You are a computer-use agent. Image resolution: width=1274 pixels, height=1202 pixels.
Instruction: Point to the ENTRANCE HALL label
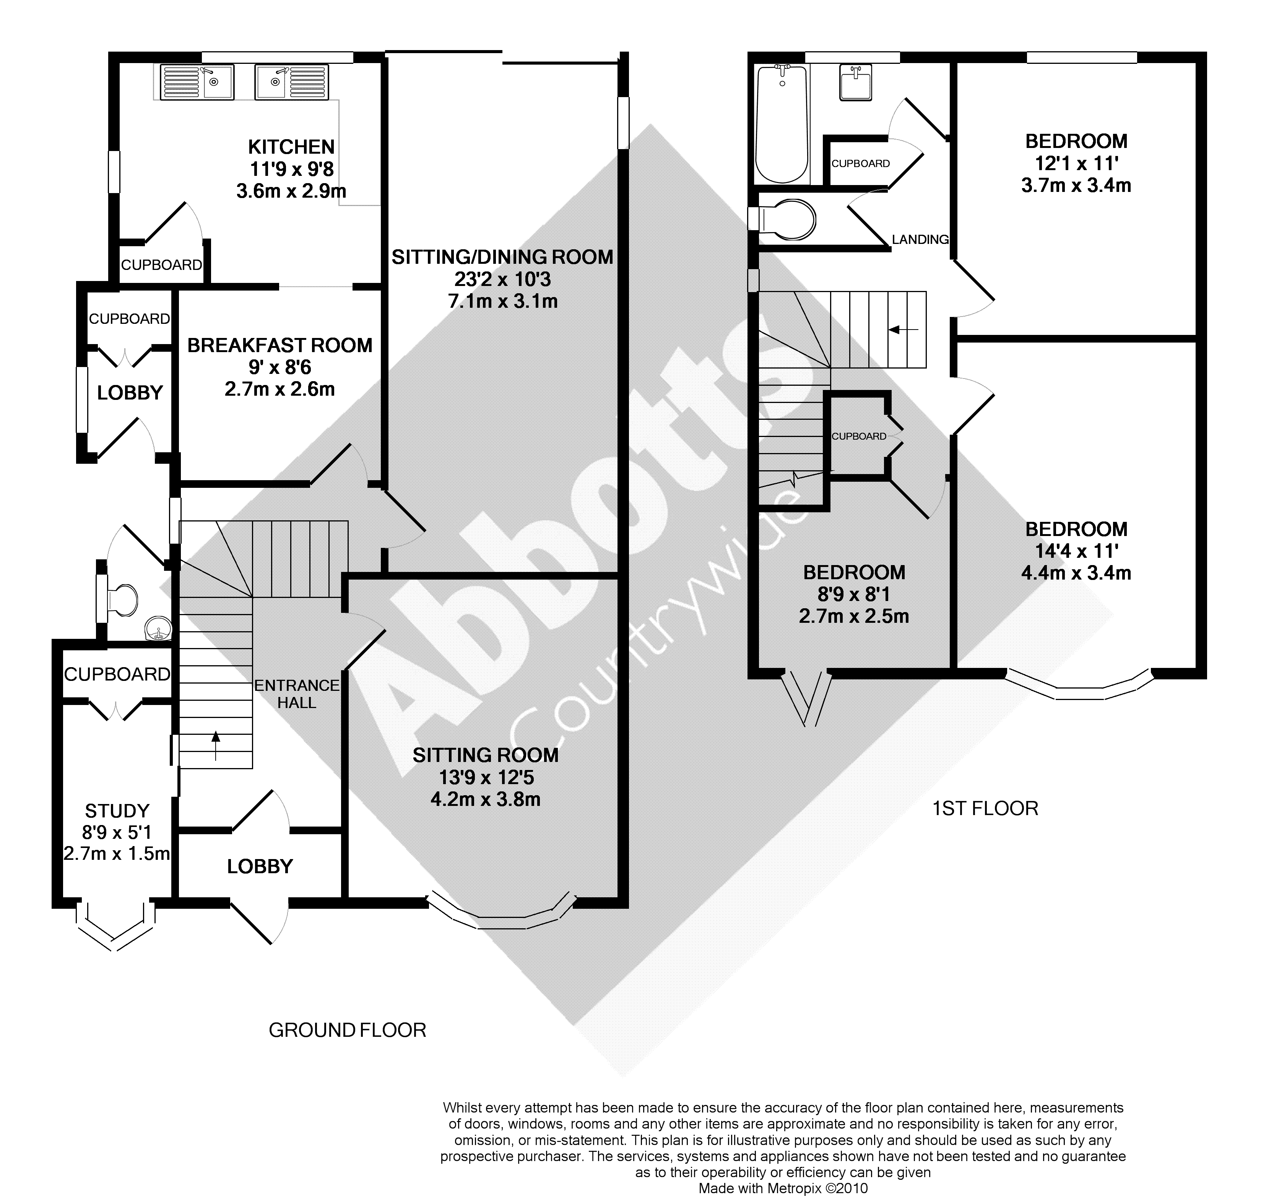(297, 694)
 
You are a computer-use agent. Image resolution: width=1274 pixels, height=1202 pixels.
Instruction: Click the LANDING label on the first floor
(920, 240)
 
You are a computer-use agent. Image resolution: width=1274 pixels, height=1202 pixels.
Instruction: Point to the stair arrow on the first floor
(903, 329)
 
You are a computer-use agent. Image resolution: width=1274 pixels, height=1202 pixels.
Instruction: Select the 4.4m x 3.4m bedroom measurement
(1076, 573)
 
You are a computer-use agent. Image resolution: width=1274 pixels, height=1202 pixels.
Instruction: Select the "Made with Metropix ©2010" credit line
(783, 1189)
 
